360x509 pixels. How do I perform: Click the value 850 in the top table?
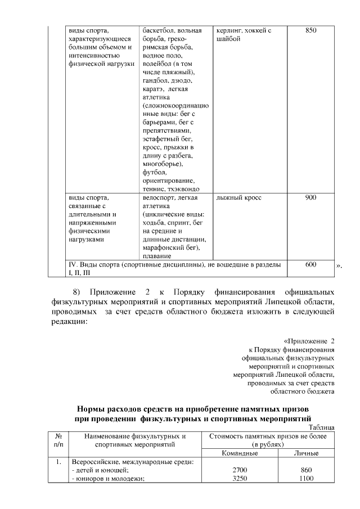tap(310, 29)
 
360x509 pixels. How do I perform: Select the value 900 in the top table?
tap(310, 198)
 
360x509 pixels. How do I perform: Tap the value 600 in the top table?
tap(310, 264)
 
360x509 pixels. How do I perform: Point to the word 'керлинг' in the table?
tap(229, 29)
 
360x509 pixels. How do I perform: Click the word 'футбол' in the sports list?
tap(155, 172)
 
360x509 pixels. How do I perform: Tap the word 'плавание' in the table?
tap(157, 256)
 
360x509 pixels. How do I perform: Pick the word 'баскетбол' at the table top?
tap(159, 29)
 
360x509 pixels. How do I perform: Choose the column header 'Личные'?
tap(307, 453)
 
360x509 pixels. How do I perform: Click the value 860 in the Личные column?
tap(307, 470)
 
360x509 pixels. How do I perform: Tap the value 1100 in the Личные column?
tap(307, 479)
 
